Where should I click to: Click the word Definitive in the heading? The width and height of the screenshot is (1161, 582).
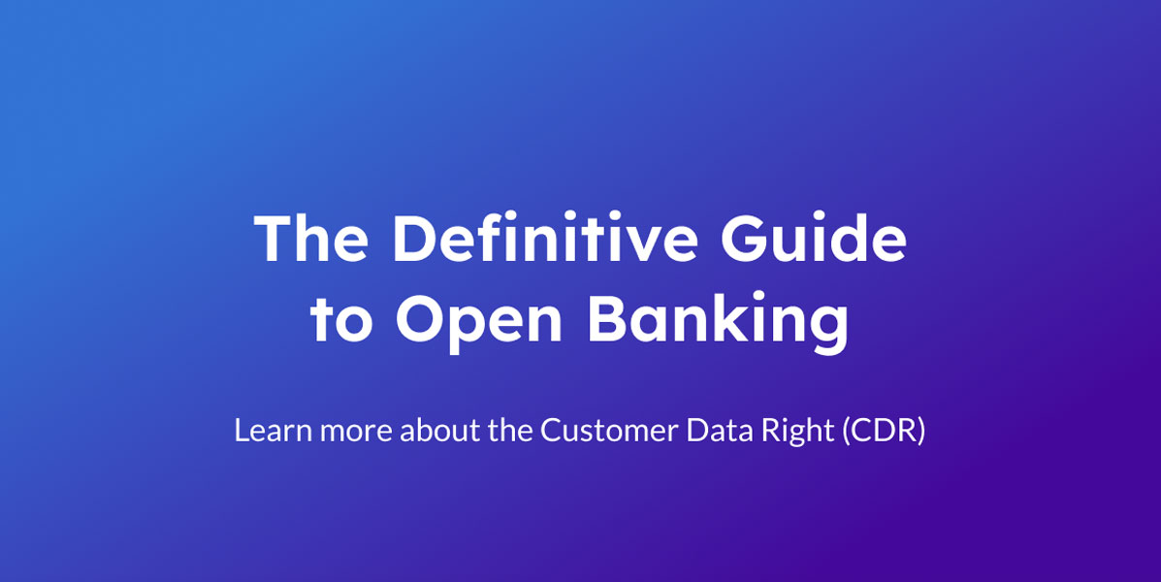544,238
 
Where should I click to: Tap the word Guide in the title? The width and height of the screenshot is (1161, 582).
813,238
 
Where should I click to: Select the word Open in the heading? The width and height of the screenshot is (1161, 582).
478,321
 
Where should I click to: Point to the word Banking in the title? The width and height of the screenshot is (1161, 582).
718,321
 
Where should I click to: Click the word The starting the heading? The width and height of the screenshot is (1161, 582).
311,238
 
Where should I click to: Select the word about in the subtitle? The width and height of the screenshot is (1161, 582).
440,431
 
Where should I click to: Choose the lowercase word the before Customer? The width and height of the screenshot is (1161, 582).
510,431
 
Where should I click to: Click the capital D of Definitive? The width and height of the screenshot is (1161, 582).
415,238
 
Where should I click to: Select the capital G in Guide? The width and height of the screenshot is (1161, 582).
746,238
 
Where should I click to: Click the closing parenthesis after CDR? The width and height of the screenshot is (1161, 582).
921,432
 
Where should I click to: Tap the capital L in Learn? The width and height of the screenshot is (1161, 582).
242,431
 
